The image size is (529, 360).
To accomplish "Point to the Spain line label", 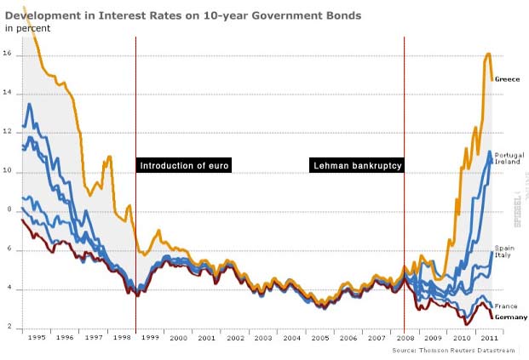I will pos(504,249).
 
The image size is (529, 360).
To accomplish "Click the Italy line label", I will pos(503,255).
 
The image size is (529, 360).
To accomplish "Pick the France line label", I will pos(506,306).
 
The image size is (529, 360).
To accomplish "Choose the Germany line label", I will pos(510,317).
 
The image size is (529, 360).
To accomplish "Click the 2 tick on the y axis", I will pos(7,328).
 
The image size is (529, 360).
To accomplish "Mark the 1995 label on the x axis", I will pos(36,338).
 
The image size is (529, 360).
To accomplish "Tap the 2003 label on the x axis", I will pos(262,338).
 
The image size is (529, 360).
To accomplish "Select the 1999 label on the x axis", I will pos(149,338).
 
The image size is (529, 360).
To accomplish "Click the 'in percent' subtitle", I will pos(27,28).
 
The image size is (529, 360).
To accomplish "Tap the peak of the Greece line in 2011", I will pos(488,54).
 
